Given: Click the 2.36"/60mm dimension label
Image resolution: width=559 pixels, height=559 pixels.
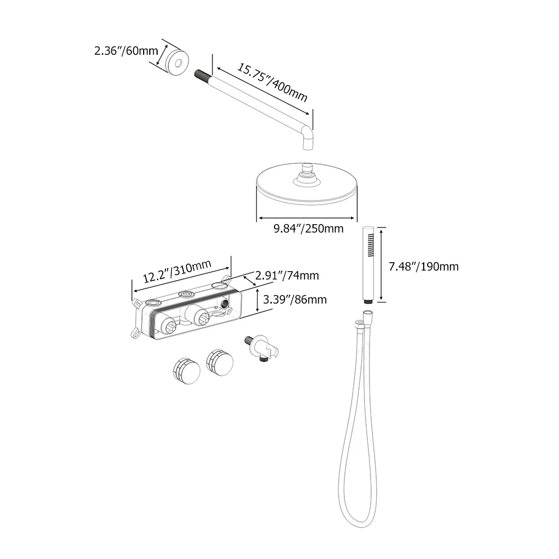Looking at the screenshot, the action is [x=126, y=51].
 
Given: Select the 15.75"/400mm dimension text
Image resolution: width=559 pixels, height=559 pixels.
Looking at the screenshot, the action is [x=272, y=83].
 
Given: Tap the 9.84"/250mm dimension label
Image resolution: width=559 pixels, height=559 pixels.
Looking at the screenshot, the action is [x=309, y=229].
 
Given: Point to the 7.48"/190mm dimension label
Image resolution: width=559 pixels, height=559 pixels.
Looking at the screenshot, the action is [x=424, y=267].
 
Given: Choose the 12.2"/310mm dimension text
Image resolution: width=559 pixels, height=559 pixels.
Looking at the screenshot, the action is [x=177, y=271].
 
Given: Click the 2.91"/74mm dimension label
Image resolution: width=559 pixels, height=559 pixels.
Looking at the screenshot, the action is [x=287, y=276].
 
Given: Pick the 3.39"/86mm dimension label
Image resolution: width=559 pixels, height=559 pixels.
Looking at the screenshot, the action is [x=295, y=300].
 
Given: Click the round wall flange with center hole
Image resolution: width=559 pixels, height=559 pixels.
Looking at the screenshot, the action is [x=178, y=63].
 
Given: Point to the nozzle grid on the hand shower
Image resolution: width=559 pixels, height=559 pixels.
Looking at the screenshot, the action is [x=371, y=245].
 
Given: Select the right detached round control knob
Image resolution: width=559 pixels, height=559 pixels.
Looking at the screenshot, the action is [x=220, y=363].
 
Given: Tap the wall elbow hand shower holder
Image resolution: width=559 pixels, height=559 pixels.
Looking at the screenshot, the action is [x=262, y=349].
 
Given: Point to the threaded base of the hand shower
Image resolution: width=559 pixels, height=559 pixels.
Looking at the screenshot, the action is [x=368, y=302].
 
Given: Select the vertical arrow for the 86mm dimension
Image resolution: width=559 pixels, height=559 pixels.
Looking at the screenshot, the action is [x=258, y=300].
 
